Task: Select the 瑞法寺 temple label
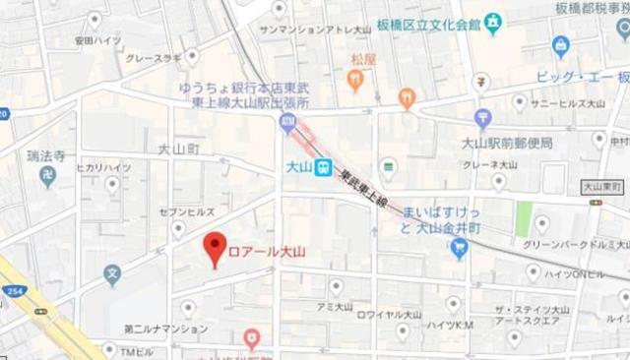[x=45, y=155]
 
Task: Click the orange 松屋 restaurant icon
[x=355, y=78]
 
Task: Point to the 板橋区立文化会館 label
[x=429, y=22]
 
